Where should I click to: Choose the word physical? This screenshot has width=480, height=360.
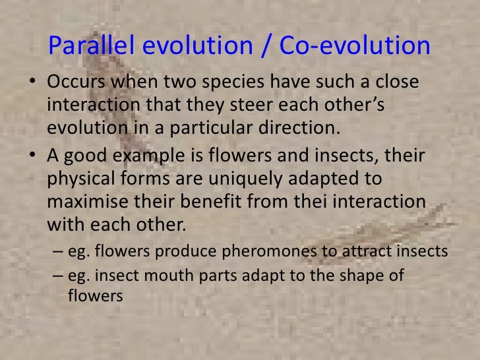coord(81,178)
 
